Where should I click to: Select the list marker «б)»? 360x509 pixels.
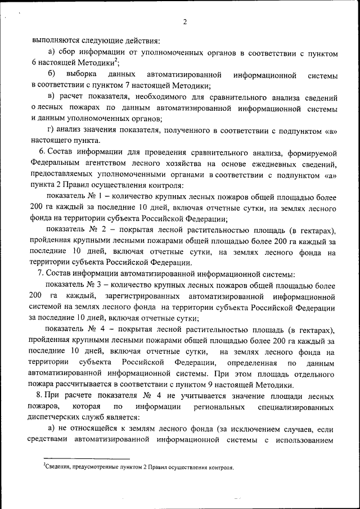(x=51, y=75)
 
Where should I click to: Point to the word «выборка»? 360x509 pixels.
(x=81, y=75)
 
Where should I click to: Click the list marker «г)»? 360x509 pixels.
(x=51, y=130)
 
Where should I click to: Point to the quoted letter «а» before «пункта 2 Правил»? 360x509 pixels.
(x=330, y=174)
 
